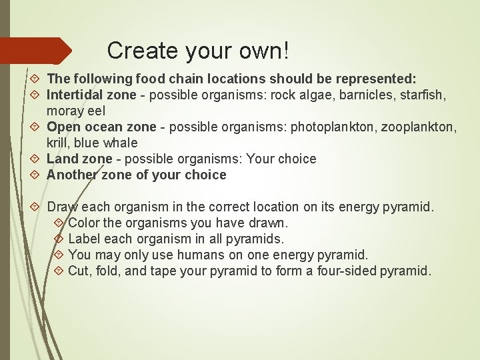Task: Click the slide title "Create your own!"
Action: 198,50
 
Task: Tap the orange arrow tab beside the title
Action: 37,51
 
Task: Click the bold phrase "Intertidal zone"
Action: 91,95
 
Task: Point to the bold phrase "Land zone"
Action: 78,159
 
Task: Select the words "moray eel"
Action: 76,110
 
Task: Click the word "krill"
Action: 58,143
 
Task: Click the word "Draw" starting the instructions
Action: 63,207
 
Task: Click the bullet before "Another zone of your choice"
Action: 36,175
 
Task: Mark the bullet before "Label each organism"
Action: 57,239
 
